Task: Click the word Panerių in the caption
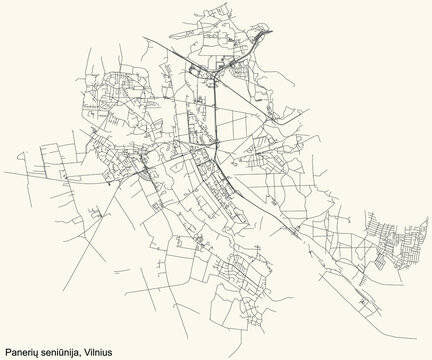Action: [x=23, y=351]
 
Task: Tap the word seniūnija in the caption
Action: [x=63, y=351]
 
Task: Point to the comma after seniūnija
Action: [x=84, y=354]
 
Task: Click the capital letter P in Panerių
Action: [x=8, y=351]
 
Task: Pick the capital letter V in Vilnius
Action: [x=91, y=351]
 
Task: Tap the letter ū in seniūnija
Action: [x=66, y=351]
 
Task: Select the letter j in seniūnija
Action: [x=76, y=352]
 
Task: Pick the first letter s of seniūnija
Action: [x=46, y=352]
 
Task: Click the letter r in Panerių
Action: [x=31, y=352]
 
